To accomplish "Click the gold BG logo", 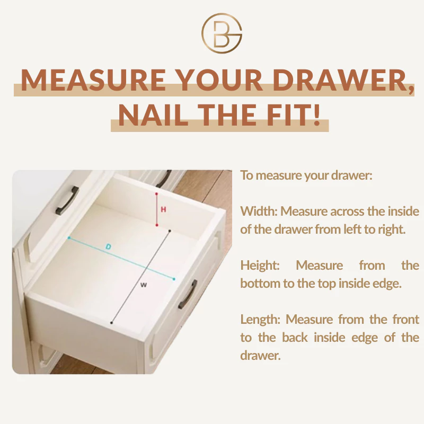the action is pyautogui.click(x=222, y=33).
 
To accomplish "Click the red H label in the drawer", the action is pyautogui.click(x=163, y=209).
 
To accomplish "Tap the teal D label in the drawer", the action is pyautogui.click(x=108, y=246).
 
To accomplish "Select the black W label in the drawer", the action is pyautogui.click(x=144, y=285).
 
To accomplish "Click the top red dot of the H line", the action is pyautogui.click(x=156, y=193).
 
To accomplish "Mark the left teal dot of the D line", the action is pyautogui.click(x=69, y=237).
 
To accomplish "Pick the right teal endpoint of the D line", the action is pyautogui.click(x=174, y=279).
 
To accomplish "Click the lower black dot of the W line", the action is pyautogui.click(x=111, y=323).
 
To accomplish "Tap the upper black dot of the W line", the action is pyautogui.click(x=170, y=231).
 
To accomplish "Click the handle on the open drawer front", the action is pyautogui.click(x=188, y=295).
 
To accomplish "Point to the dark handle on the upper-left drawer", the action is pyautogui.click(x=67, y=200).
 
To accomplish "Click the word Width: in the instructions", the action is pyautogui.click(x=259, y=211).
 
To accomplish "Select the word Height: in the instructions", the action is pyautogui.click(x=260, y=266).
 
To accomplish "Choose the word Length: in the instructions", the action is pyautogui.click(x=260, y=320).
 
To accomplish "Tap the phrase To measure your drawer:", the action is pyautogui.click(x=306, y=175).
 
